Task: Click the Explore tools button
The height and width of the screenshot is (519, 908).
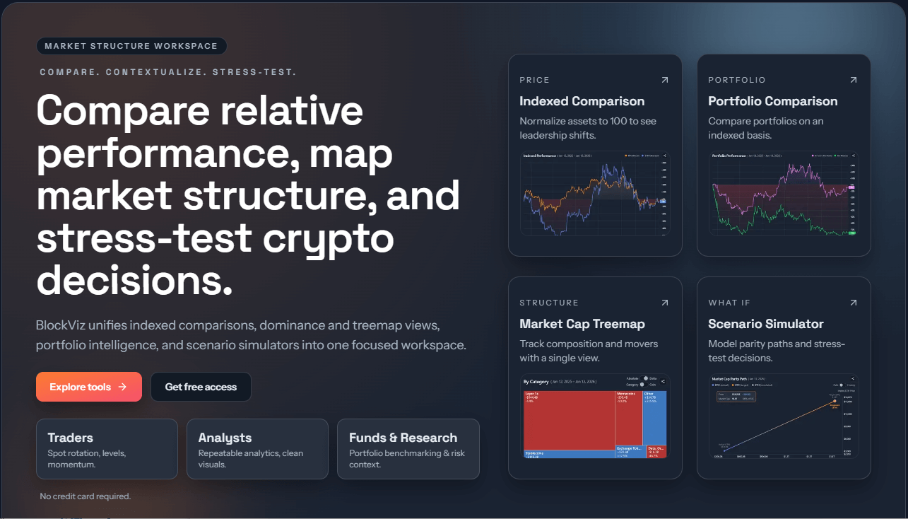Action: click(88, 387)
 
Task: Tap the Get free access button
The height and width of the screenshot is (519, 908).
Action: click(201, 387)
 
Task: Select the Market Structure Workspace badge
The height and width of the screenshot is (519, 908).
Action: click(131, 46)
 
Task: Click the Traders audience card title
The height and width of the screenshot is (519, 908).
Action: click(71, 438)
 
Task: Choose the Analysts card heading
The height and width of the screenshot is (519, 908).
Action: click(225, 438)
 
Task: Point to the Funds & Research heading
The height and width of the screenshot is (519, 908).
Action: click(403, 438)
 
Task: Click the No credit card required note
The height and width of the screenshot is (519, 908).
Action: click(86, 496)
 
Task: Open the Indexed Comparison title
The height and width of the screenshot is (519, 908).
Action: click(582, 101)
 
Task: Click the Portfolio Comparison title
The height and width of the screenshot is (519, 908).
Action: click(772, 101)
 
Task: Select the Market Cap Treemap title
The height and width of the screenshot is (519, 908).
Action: click(582, 324)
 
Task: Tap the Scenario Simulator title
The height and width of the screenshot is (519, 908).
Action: click(765, 324)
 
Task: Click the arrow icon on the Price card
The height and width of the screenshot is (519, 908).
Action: click(664, 80)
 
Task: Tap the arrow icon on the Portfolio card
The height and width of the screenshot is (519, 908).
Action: click(853, 80)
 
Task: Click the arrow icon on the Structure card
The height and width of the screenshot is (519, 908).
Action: click(664, 303)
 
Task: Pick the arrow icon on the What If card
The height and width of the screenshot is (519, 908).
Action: click(853, 303)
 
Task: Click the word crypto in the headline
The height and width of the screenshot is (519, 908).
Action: click(329, 239)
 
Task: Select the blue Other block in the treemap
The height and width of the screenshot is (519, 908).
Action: click(654, 417)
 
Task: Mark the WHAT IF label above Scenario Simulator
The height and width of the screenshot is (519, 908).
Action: click(729, 303)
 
